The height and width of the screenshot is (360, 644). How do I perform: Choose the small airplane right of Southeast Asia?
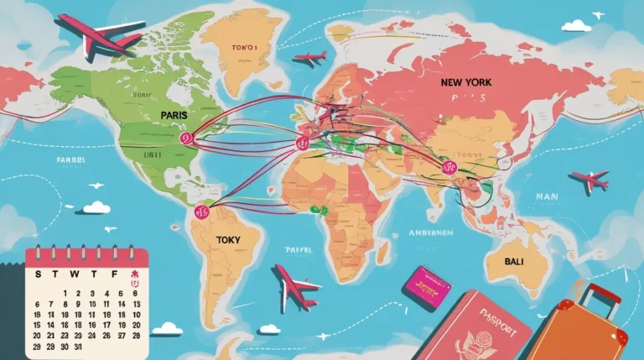click(x=589, y=180)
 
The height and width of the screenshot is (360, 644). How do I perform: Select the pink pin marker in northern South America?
click(x=201, y=211)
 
